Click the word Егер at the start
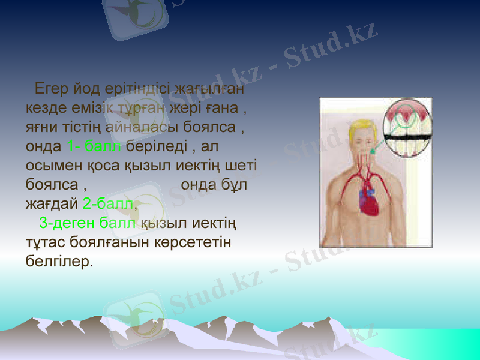(x=51, y=91)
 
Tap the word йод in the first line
(x=87, y=91)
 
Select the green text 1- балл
(x=94, y=146)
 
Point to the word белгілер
(x=59, y=262)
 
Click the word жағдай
(x=52, y=204)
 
